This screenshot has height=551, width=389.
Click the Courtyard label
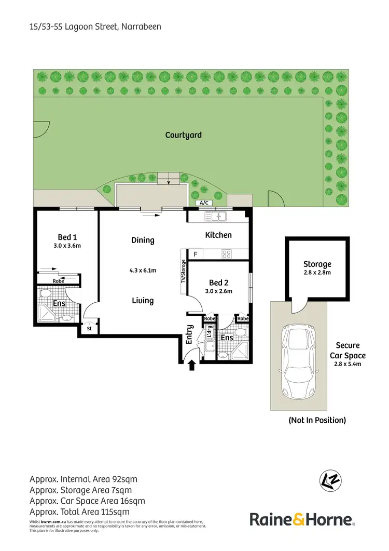tap(183, 135)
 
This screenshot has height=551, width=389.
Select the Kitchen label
tap(218, 235)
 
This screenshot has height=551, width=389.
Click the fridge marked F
tap(195, 254)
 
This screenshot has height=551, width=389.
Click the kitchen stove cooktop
tap(227, 254)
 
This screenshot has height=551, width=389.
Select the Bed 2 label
tap(218, 283)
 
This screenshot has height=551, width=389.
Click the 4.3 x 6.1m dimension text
tap(143, 270)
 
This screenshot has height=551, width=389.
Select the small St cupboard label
tap(89, 328)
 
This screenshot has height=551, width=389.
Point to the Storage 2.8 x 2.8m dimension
tap(317, 272)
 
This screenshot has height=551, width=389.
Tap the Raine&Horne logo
tap(302, 519)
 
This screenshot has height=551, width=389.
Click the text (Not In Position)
tap(317, 420)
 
